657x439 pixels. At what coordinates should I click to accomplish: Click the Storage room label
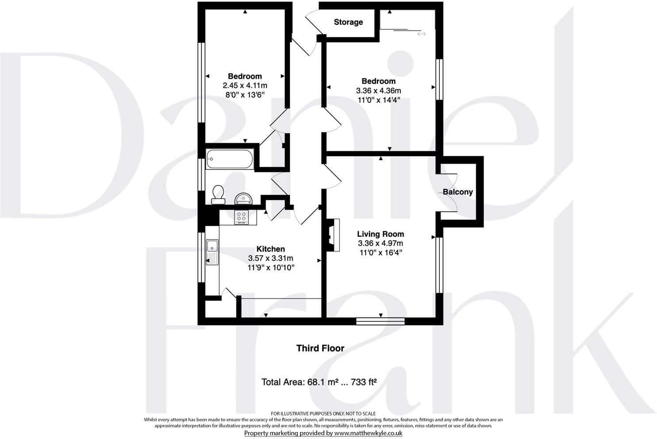(348, 22)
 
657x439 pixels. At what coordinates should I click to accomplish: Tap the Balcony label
(457, 192)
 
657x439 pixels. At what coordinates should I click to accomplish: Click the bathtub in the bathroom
(229, 159)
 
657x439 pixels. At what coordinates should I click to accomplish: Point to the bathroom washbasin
(243, 197)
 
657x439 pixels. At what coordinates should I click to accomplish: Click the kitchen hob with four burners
(242, 217)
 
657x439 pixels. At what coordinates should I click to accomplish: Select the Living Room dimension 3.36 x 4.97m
(380, 243)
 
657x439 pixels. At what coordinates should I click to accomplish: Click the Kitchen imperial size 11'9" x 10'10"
(271, 268)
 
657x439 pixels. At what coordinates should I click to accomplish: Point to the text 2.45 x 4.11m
(245, 85)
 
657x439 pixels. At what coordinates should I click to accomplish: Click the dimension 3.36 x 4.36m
(378, 90)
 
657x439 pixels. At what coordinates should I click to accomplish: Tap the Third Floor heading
(320, 348)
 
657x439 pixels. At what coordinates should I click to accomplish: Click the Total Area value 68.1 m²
(317, 382)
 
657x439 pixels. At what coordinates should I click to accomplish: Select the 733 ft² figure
(363, 382)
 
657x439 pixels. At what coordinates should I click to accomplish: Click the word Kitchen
(271, 249)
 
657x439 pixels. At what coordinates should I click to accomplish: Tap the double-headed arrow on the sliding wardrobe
(421, 34)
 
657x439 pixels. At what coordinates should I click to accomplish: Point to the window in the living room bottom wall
(380, 321)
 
